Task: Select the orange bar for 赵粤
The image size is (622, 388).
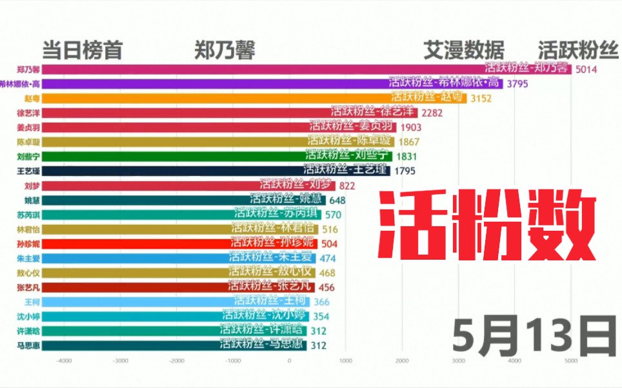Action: [x=258, y=98]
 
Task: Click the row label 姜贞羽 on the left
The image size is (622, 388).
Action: [x=28, y=127]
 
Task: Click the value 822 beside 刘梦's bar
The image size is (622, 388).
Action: [x=347, y=186]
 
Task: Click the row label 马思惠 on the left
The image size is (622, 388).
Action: [x=28, y=345]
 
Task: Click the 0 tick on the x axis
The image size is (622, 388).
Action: [x=290, y=361]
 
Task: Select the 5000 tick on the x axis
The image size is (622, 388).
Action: [x=571, y=361]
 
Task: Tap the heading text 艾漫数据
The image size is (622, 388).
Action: [x=463, y=50]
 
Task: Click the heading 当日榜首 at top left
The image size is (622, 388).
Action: [x=82, y=50]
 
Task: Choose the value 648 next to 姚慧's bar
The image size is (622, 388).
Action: [x=337, y=200]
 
